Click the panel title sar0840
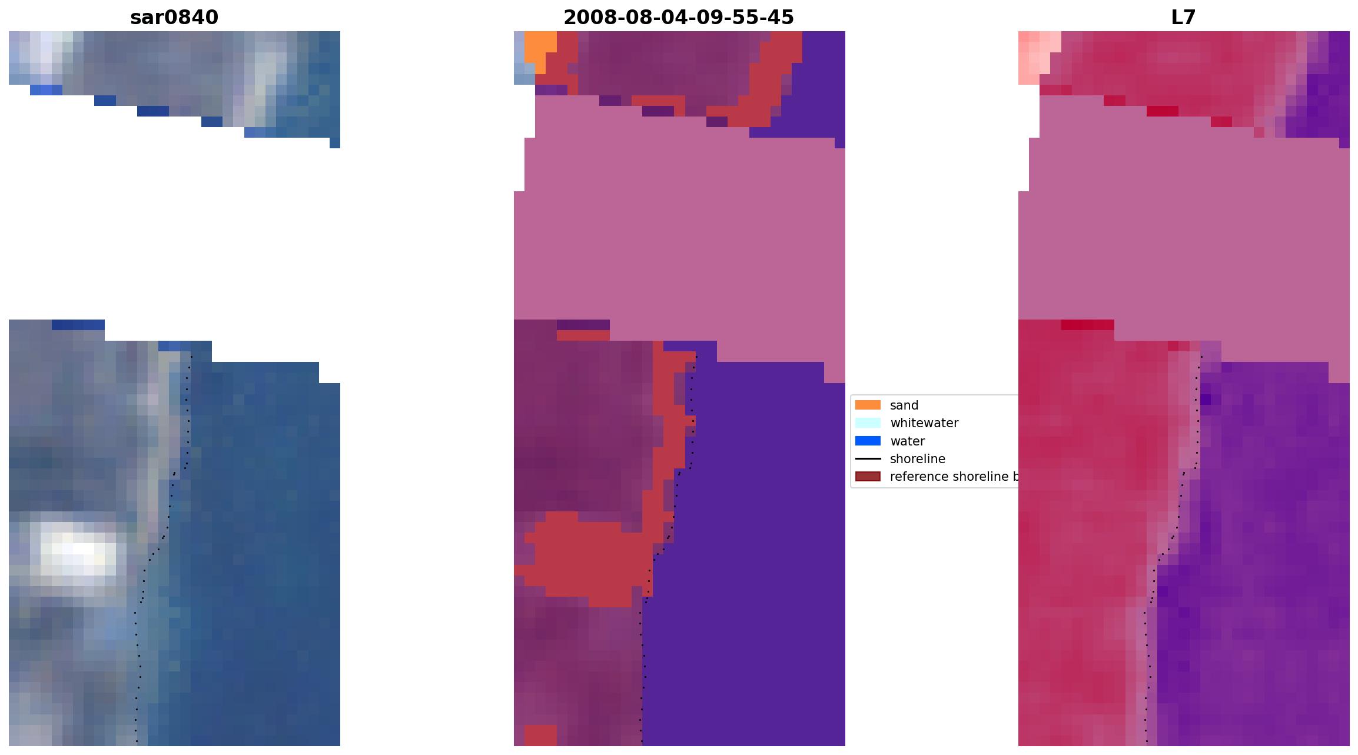pyautogui.click(x=174, y=18)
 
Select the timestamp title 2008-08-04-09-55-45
pyautogui.click(x=679, y=18)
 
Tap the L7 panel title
pyautogui.click(x=1183, y=18)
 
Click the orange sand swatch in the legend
pyautogui.click(x=868, y=405)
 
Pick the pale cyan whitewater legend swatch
pyautogui.click(x=868, y=423)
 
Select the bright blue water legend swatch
pyautogui.click(x=868, y=441)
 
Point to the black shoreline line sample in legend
pyautogui.click(x=868, y=458)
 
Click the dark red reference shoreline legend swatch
pyautogui.click(x=868, y=476)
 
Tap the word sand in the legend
pyautogui.click(x=904, y=405)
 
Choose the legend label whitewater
pyautogui.click(x=924, y=423)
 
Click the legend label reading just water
pyautogui.click(x=907, y=441)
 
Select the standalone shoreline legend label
pyautogui.click(x=917, y=459)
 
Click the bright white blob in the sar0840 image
pyautogui.click(x=79, y=550)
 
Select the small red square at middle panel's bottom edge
pyautogui.click(x=540, y=735)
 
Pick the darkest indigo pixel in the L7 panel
pyautogui.click(x=1206, y=400)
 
